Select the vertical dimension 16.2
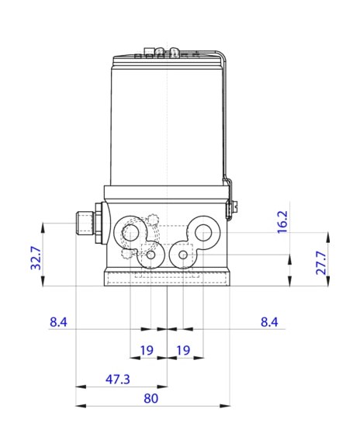point(282,221)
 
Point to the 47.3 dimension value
point(118,379)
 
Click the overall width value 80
point(151,398)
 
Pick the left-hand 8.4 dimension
point(59,321)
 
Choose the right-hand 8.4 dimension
point(269,321)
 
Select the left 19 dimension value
point(147,351)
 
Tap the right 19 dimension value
point(183,351)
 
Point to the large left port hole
point(132,231)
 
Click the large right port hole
point(205,230)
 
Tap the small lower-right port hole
point(183,254)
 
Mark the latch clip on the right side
point(230,206)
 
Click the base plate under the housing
point(168,278)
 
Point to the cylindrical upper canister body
point(167,124)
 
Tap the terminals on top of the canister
point(163,54)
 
